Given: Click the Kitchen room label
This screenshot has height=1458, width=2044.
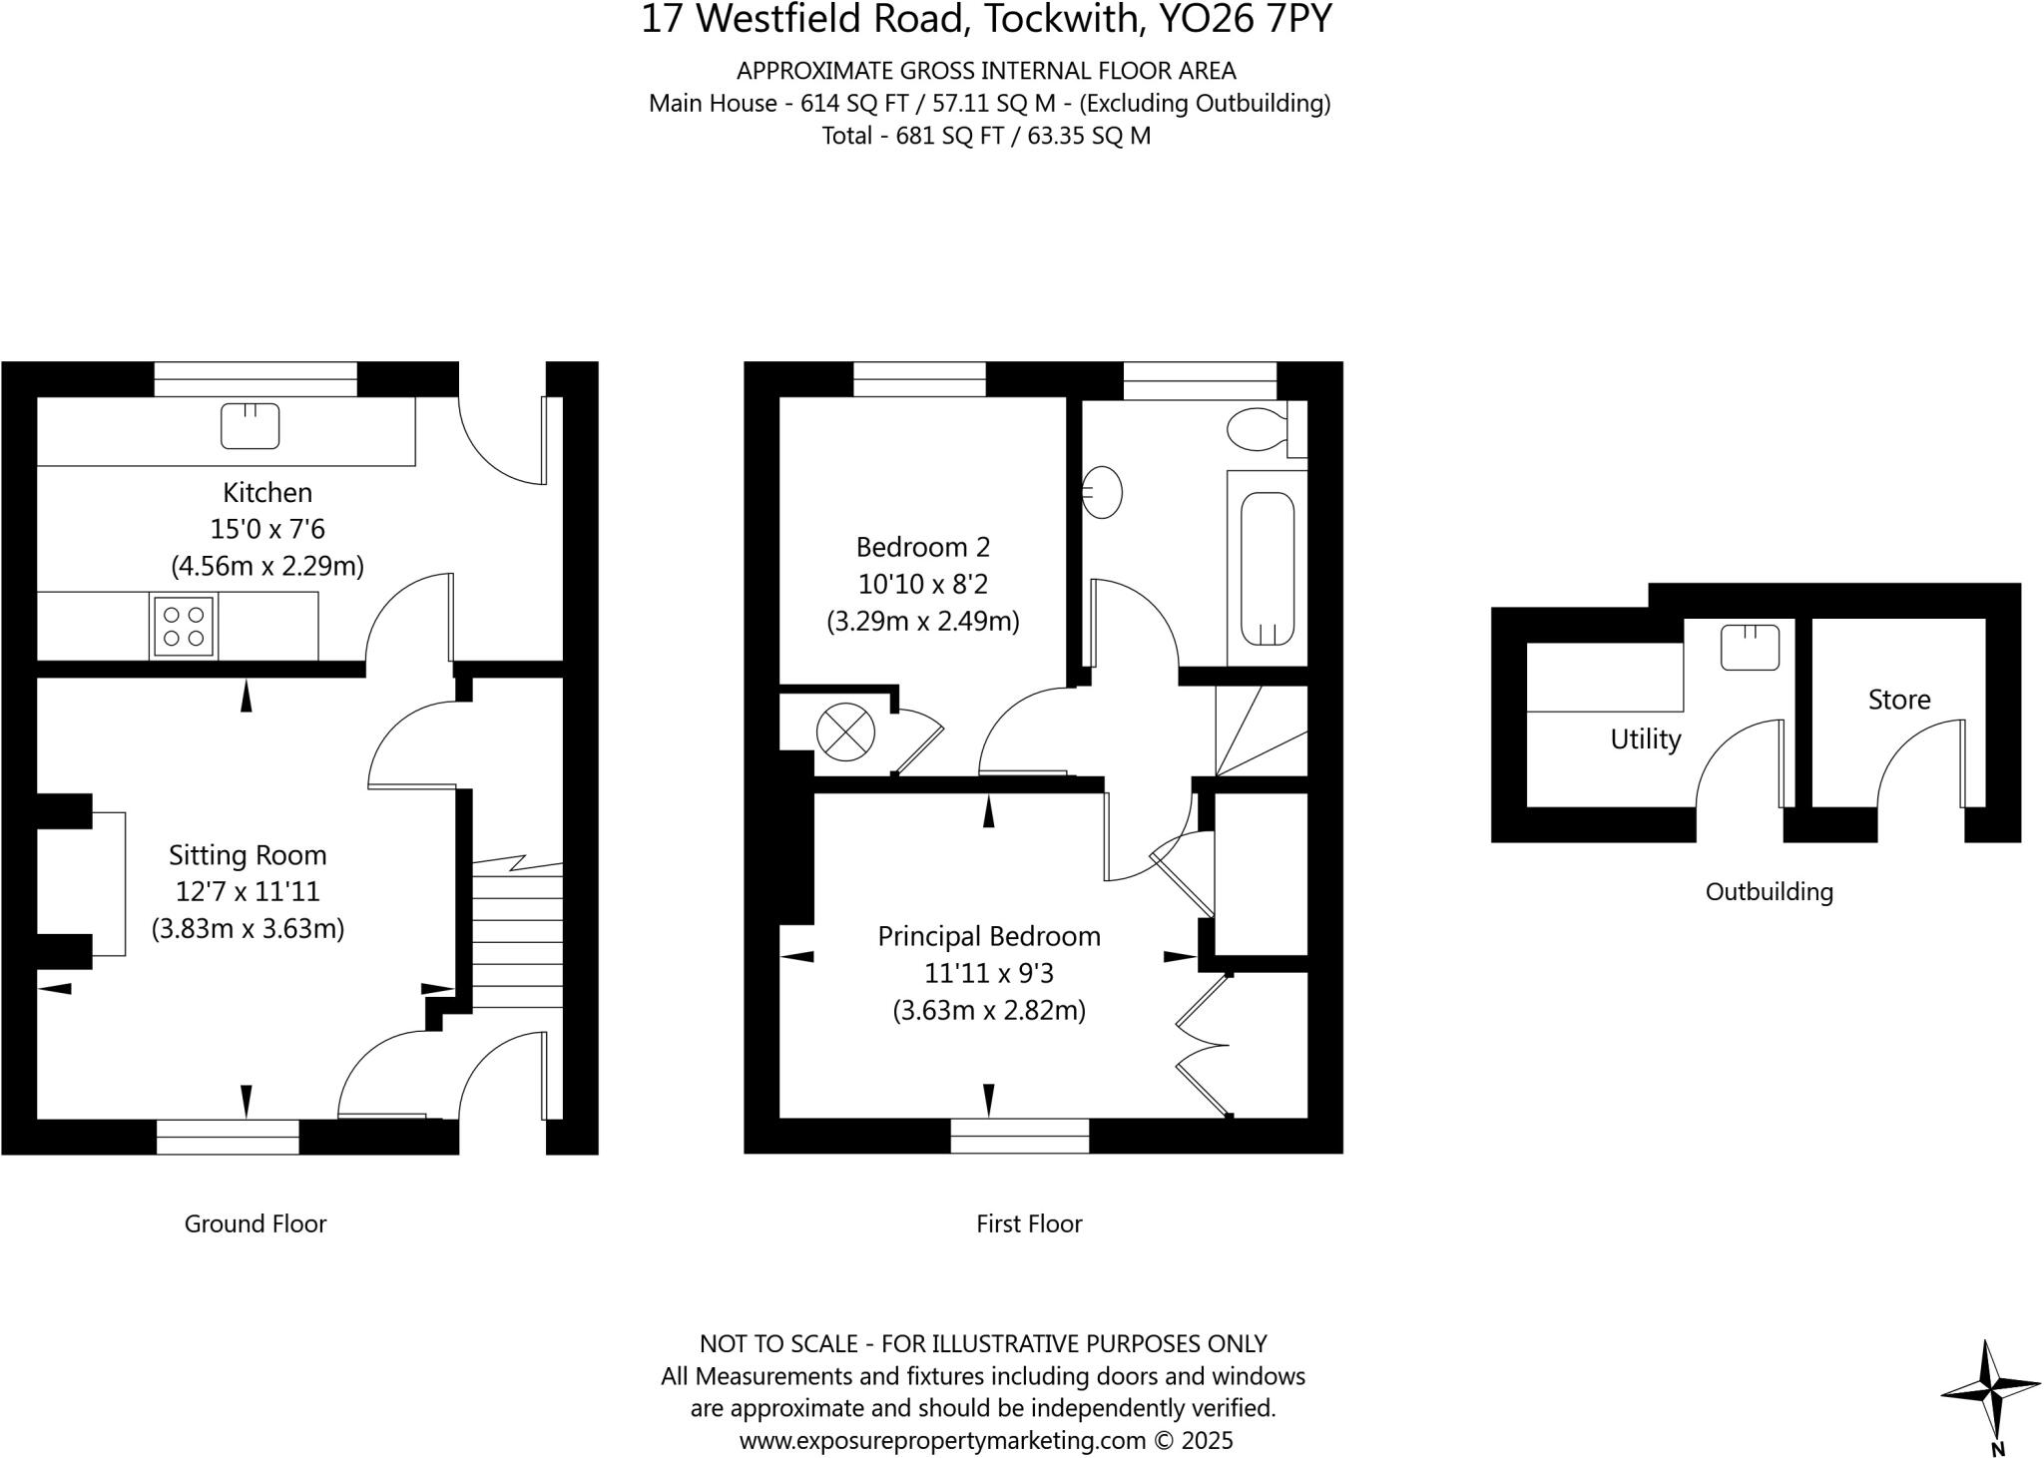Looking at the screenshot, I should [266, 492].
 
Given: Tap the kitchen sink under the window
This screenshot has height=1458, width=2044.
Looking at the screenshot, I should [250, 426].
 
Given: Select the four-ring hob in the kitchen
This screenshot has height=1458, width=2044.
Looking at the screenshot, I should [183, 627].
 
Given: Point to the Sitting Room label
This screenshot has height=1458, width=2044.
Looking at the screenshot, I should [248, 855].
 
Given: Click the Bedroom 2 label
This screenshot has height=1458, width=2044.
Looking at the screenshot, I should [922, 547].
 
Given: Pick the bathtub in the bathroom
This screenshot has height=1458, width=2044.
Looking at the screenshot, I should [1268, 569].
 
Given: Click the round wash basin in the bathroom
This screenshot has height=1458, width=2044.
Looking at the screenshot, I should [1102, 492].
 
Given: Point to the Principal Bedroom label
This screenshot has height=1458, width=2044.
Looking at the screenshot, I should [988, 936].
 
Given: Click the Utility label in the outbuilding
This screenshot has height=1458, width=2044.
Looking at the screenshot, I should [1645, 739].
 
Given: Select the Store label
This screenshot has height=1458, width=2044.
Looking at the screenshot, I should [1898, 700].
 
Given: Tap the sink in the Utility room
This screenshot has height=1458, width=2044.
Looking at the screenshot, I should [1750, 647].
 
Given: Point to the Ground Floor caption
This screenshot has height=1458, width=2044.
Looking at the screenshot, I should [255, 1223].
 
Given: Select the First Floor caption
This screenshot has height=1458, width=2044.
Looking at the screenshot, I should [1028, 1223].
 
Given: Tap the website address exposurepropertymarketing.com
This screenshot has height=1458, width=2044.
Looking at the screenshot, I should [942, 1440].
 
